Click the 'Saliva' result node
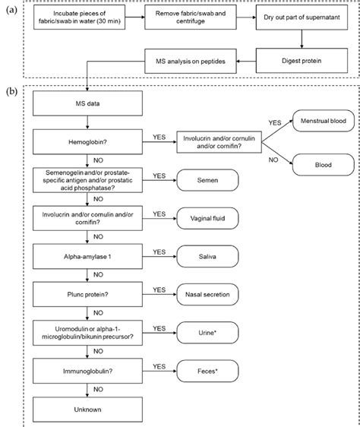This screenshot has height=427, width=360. point(207,257)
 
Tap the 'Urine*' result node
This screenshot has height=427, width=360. point(207,332)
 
